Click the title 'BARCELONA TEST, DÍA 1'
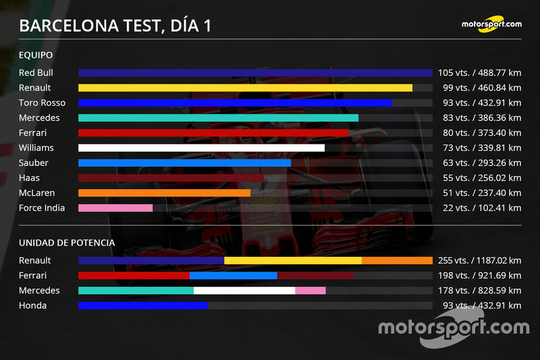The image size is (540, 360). (x=115, y=26)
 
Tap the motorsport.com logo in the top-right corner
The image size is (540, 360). (x=491, y=24)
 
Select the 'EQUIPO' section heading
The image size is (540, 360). (x=36, y=55)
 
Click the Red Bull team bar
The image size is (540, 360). (x=255, y=73)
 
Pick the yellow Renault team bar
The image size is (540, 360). (x=245, y=88)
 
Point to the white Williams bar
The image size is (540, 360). (x=201, y=148)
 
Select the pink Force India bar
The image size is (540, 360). (x=115, y=208)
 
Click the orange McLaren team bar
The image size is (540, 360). (x=164, y=193)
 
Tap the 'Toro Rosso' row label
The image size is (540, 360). (x=42, y=103)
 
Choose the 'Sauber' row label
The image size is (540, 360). (x=34, y=163)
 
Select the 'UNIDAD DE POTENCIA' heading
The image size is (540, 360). (x=67, y=242)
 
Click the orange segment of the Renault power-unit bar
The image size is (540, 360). (x=397, y=261)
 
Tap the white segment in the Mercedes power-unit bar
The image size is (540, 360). (x=244, y=290)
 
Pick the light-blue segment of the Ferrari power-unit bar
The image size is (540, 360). (x=233, y=276)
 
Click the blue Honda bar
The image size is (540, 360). (x=142, y=306)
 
